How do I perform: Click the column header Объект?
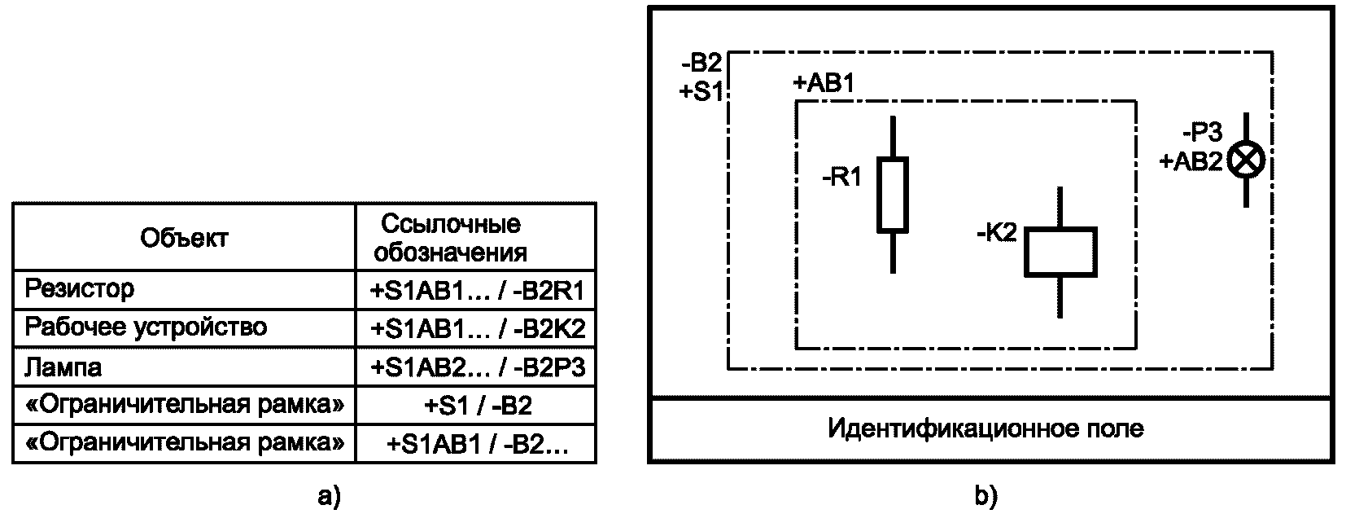tap(184, 238)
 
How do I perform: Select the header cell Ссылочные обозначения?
tap(451, 238)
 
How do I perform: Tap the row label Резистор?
tap(79, 289)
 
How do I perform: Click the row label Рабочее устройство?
tap(146, 327)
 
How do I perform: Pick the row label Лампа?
tap(63, 367)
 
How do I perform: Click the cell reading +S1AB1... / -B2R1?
tap(477, 291)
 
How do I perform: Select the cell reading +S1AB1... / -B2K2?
tap(477, 329)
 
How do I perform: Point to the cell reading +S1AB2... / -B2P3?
tap(477, 367)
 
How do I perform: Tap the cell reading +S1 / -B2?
tap(478, 405)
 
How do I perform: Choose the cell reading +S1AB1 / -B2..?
tap(477, 444)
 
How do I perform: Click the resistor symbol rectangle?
tap(893, 195)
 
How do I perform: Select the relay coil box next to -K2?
tap(1060, 252)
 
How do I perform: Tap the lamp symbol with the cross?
tap(1246, 160)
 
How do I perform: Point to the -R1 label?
tap(841, 178)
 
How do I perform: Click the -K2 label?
tap(997, 233)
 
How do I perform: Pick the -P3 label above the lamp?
tap(1203, 132)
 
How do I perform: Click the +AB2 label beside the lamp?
tap(1191, 161)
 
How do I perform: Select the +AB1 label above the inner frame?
tap(824, 83)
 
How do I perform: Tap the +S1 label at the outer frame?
tap(701, 91)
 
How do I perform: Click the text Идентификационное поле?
tap(985, 428)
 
